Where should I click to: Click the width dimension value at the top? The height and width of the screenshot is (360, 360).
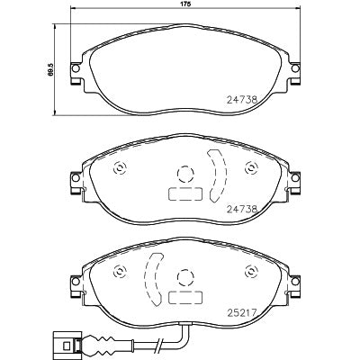(x=186, y=4)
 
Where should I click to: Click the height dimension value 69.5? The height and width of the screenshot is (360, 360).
(x=50, y=68)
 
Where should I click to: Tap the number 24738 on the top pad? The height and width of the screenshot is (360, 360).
(x=242, y=99)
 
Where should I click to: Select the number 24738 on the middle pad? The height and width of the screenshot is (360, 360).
(x=242, y=209)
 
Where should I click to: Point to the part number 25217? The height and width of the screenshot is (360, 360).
(x=242, y=313)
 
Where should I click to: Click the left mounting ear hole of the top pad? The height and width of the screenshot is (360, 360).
(x=76, y=68)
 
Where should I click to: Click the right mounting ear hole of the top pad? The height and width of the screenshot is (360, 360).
(x=295, y=68)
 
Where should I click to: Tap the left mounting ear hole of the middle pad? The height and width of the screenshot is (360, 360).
(x=76, y=178)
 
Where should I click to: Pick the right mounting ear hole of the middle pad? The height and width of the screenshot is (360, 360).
(x=295, y=178)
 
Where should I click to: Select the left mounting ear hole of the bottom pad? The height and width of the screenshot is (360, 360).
(x=76, y=282)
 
